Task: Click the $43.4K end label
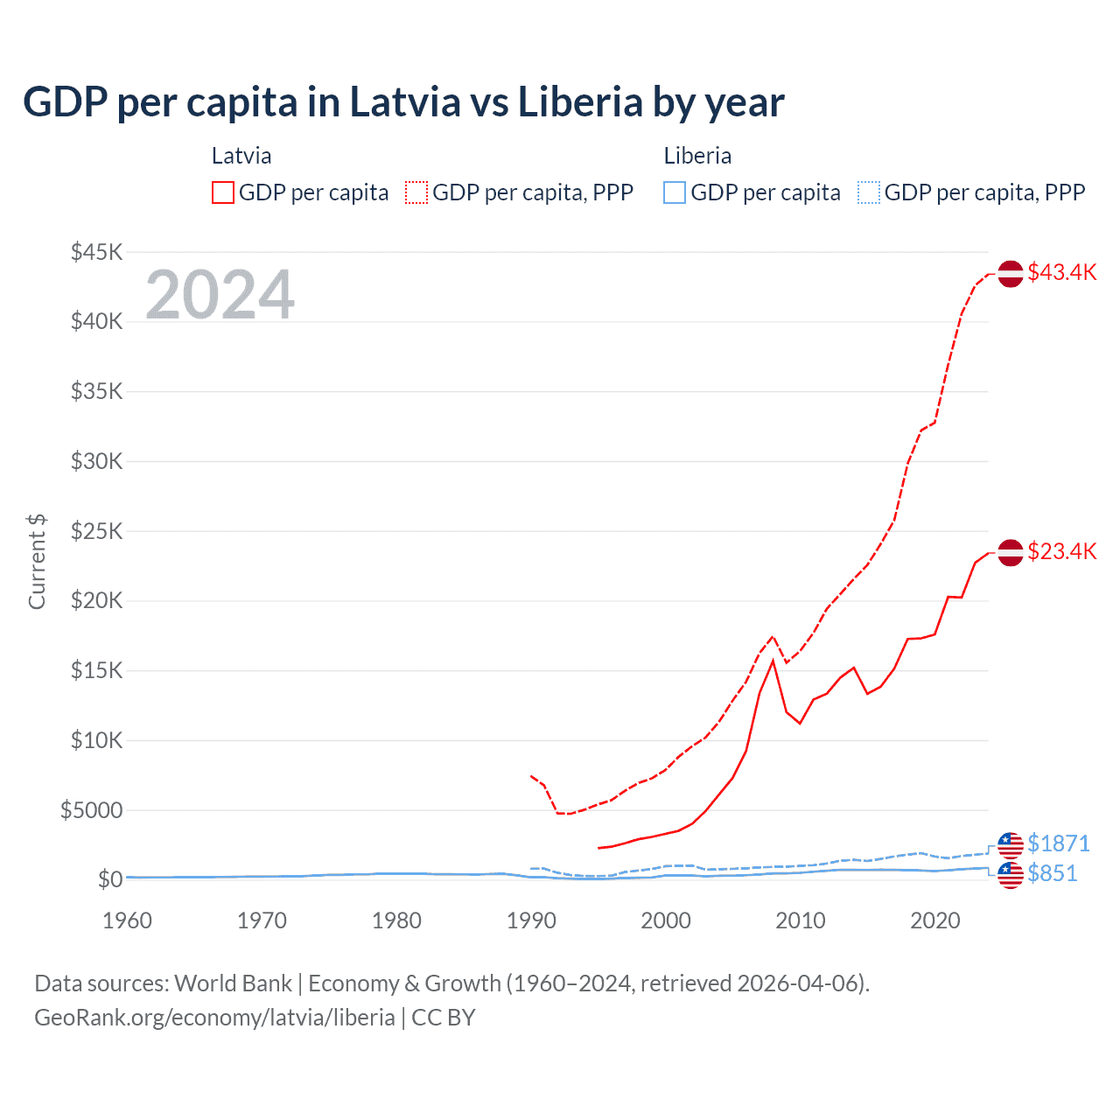[x=1061, y=272]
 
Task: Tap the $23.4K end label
[x=1061, y=551]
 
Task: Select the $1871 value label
[x=1059, y=843]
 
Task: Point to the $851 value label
[x=1053, y=873]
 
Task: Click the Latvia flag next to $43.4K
[x=1011, y=274]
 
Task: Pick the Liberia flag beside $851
[x=1011, y=874]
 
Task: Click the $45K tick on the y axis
[x=96, y=253]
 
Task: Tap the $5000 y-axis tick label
[x=91, y=810]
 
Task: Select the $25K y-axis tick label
[x=96, y=531]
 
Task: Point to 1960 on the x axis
[x=127, y=920]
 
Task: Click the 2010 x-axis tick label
[x=801, y=920]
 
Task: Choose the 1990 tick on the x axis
[x=531, y=920]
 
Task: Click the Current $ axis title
[x=37, y=562]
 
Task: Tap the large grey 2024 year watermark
[x=220, y=295]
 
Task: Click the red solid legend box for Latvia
[x=223, y=192]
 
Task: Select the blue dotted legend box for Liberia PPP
[x=869, y=192]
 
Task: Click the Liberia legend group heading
[x=697, y=156]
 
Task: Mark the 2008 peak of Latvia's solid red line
[x=773, y=661]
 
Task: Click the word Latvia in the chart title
[x=404, y=101]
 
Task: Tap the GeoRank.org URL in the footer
[x=214, y=1018]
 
